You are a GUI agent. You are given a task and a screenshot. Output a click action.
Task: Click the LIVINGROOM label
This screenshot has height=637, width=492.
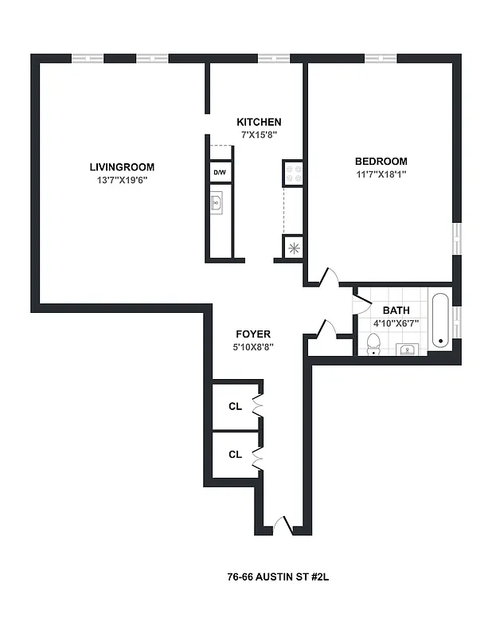(x=122, y=167)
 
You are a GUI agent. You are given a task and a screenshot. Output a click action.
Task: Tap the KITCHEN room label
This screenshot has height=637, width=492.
(x=259, y=122)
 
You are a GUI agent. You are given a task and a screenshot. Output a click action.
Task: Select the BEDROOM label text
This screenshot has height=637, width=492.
(x=381, y=161)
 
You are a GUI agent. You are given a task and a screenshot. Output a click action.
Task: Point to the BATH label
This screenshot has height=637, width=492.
(x=396, y=311)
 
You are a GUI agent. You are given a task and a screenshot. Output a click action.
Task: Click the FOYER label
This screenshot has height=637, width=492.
(x=253, y=334)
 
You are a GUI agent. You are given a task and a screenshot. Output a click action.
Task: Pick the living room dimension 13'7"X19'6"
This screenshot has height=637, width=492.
(x=122, y=180)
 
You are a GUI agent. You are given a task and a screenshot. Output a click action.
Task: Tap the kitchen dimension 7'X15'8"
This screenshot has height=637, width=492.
(x=259, y=135)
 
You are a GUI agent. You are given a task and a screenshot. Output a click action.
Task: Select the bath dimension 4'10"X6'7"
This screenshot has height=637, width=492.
(x=396, y=324)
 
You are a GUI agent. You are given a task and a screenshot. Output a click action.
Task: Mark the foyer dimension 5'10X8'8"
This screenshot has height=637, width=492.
(x=253, y=347)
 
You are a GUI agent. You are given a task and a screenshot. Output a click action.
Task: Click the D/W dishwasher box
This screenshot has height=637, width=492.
(x=219, y=172)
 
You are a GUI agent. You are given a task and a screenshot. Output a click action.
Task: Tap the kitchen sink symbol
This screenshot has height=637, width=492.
(x=217, y=204)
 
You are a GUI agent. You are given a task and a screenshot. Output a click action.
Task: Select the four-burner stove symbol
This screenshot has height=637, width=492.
(x=292, y=172)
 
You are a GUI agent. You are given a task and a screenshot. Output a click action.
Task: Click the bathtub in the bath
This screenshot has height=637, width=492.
(x=439, y=321)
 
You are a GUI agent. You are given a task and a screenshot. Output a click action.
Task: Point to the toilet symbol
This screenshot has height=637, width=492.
(x=373, y=343)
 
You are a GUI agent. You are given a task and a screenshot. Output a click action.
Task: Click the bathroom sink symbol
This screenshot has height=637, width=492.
(x=408, y=349)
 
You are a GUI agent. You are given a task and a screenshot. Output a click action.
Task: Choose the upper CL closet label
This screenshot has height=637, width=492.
(x=235, y=407)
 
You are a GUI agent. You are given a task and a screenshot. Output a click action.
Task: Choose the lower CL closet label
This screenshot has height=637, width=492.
(x=235, y=455)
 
